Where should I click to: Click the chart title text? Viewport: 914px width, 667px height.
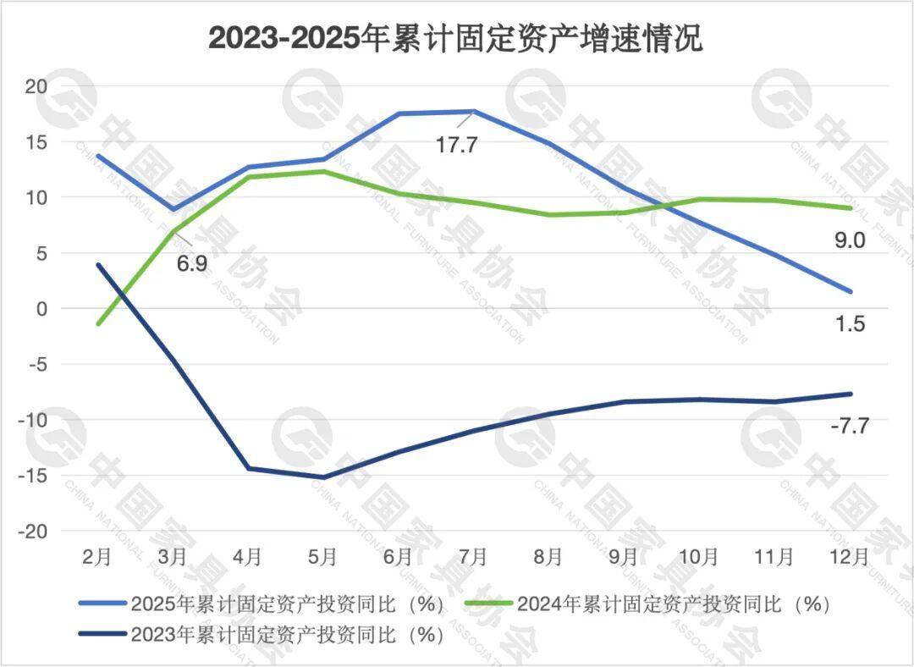[x=456, y=38]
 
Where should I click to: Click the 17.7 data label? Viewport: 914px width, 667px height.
[x=457, y=145]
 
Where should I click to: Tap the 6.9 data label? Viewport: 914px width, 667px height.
[x=192, y=263]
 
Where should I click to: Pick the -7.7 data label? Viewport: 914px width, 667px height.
[x=848, y=425]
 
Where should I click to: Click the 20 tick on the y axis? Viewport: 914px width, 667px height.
[x=37, y=85]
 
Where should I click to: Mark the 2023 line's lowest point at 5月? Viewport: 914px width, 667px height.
[x=323, y=477]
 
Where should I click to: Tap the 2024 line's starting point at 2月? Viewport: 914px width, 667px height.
[x=99, y=324]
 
